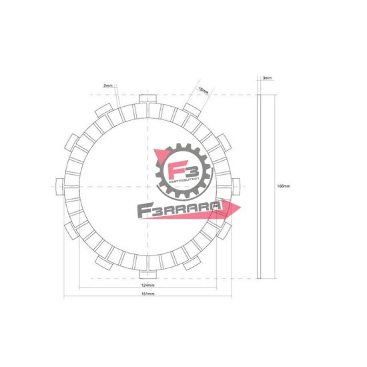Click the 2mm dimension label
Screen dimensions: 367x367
click(x=109, y=85)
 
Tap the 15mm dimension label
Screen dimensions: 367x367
click(x=204, y=89)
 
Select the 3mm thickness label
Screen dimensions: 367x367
click(x=267, y=78)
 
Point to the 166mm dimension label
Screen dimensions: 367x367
click(x=284, y=186)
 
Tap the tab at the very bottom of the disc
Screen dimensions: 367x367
click(x=147, y=273)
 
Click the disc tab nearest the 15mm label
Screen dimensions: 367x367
click(x=192, y=109)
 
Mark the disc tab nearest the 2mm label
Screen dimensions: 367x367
click(x=103, y=109)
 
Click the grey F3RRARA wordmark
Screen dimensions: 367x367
click(x=178, y=211)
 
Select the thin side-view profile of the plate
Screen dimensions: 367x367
click(x=259, y=186)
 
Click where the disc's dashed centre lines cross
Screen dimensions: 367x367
click(x=147, y=186)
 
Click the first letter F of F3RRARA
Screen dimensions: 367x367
click(x=142, y=212)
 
